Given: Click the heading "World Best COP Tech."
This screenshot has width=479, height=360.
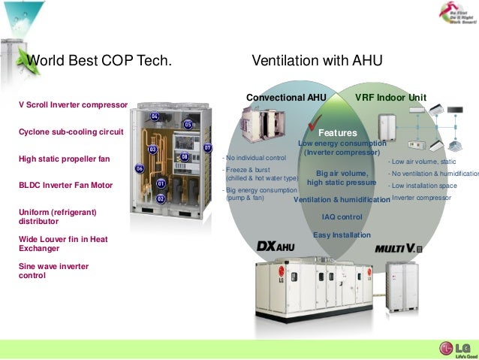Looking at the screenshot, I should (99, 60).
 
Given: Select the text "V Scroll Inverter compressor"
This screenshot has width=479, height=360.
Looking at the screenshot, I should (73, 104).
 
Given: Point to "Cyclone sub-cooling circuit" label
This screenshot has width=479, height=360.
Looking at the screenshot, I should (71, 132).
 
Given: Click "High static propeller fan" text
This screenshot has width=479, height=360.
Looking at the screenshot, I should (64, 159).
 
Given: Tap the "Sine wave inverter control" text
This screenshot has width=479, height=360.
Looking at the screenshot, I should (53, 271).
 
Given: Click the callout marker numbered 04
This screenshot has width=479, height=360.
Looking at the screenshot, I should (155, 116).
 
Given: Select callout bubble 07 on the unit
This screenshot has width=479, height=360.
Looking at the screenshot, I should (208, 148).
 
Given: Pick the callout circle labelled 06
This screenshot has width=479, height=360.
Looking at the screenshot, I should (140, 169).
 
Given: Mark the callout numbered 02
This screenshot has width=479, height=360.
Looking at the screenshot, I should (161, 199).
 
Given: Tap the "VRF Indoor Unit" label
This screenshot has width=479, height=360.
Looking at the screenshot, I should (390, 98).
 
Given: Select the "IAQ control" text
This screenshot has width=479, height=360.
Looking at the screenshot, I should (342, 217).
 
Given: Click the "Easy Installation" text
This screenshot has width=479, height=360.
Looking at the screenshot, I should (342, 235).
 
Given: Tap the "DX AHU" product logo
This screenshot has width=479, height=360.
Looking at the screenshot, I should (276, 247).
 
